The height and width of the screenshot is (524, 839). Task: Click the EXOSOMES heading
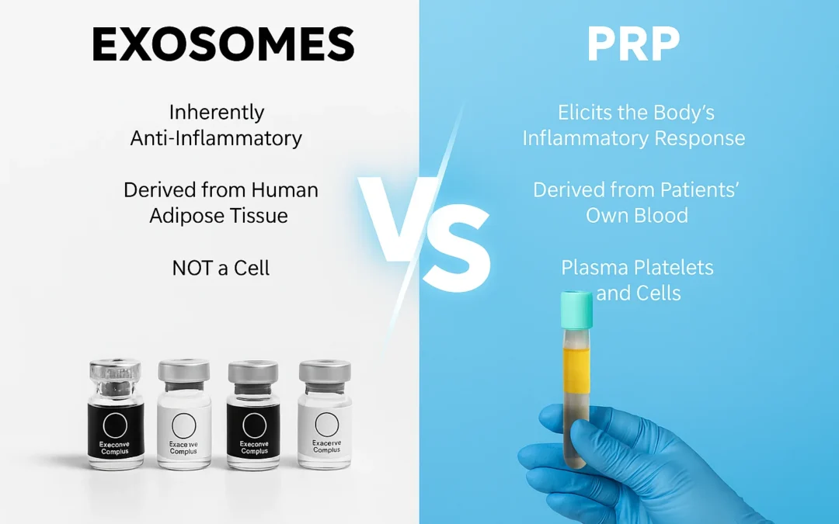223,46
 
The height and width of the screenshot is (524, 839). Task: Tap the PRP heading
633,46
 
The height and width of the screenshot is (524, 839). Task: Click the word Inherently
216,113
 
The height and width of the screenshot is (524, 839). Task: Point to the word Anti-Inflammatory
216,138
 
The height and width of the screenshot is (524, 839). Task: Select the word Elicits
588,113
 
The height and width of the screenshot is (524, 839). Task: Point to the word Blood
660,215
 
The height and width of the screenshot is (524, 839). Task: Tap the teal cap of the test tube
575,308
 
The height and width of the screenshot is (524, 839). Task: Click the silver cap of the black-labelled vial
254,371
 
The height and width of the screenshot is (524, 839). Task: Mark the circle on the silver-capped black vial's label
254,425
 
